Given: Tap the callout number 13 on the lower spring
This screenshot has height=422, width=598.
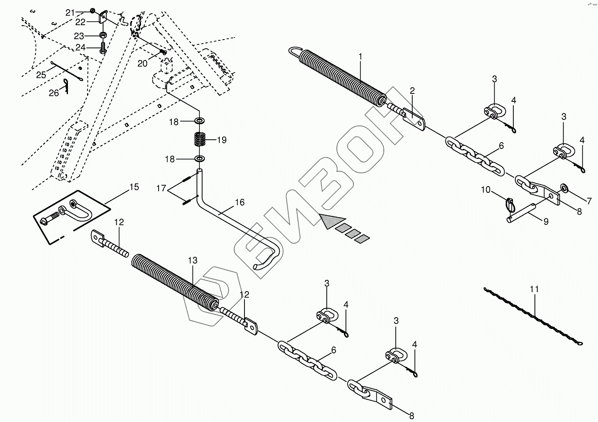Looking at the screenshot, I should click(x=193, y=261).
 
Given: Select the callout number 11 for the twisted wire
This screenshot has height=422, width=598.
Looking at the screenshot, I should click(x=534, y=289).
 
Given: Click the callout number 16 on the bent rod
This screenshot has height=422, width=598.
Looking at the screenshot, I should click(x=239, y=202).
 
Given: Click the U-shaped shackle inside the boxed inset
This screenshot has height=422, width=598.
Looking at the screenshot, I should click(x=80, y=211).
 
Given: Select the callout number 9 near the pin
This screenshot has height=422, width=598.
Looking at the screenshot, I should click(x=546, y=221).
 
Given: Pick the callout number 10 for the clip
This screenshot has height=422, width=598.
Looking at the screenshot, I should click(x=485, y=190).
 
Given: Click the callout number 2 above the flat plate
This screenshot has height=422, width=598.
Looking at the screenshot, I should click(x=412, y=91).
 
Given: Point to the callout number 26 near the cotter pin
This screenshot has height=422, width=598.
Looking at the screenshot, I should click(x=54, y=93).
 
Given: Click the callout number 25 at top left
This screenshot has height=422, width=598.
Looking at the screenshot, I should click(x=41, y=75).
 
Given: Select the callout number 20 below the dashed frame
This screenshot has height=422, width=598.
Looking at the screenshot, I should click(x=143, y=63).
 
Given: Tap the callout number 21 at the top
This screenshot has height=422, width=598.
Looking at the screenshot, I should click(x=70, y=13).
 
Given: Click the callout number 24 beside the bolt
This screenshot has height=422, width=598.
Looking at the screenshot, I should click(x=81, y=48).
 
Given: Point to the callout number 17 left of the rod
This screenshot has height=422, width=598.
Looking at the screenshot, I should click(x=161, y=188).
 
